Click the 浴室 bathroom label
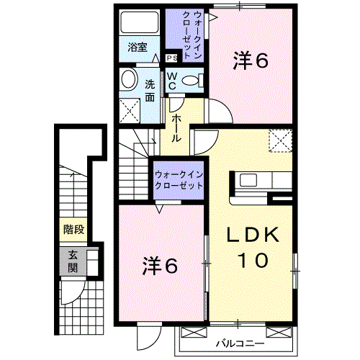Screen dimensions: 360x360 coord(137,48)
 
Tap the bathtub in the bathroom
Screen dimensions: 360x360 coord(139,22)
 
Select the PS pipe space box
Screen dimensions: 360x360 coord(172,58)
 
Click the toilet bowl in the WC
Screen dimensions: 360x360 coord(190,81)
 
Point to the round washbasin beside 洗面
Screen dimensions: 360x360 coord(129,79)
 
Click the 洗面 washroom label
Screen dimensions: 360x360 coord(150,91)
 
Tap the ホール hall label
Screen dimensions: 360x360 coord(176,128)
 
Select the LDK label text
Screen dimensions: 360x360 coord(253,234)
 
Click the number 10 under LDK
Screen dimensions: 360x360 coord(253,260)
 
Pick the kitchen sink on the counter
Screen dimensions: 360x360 coord(248,180)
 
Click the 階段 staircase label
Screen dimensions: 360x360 coord(73,230)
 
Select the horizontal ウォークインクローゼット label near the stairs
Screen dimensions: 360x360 coord(179,180)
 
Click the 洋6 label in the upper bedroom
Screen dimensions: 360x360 coord(251,60)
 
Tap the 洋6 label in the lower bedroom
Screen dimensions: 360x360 coord(160,266)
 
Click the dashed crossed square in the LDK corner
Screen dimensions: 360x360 coord(280,140)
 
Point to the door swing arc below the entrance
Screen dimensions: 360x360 coord(77,296)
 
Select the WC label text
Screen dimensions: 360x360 coord(172,81)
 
